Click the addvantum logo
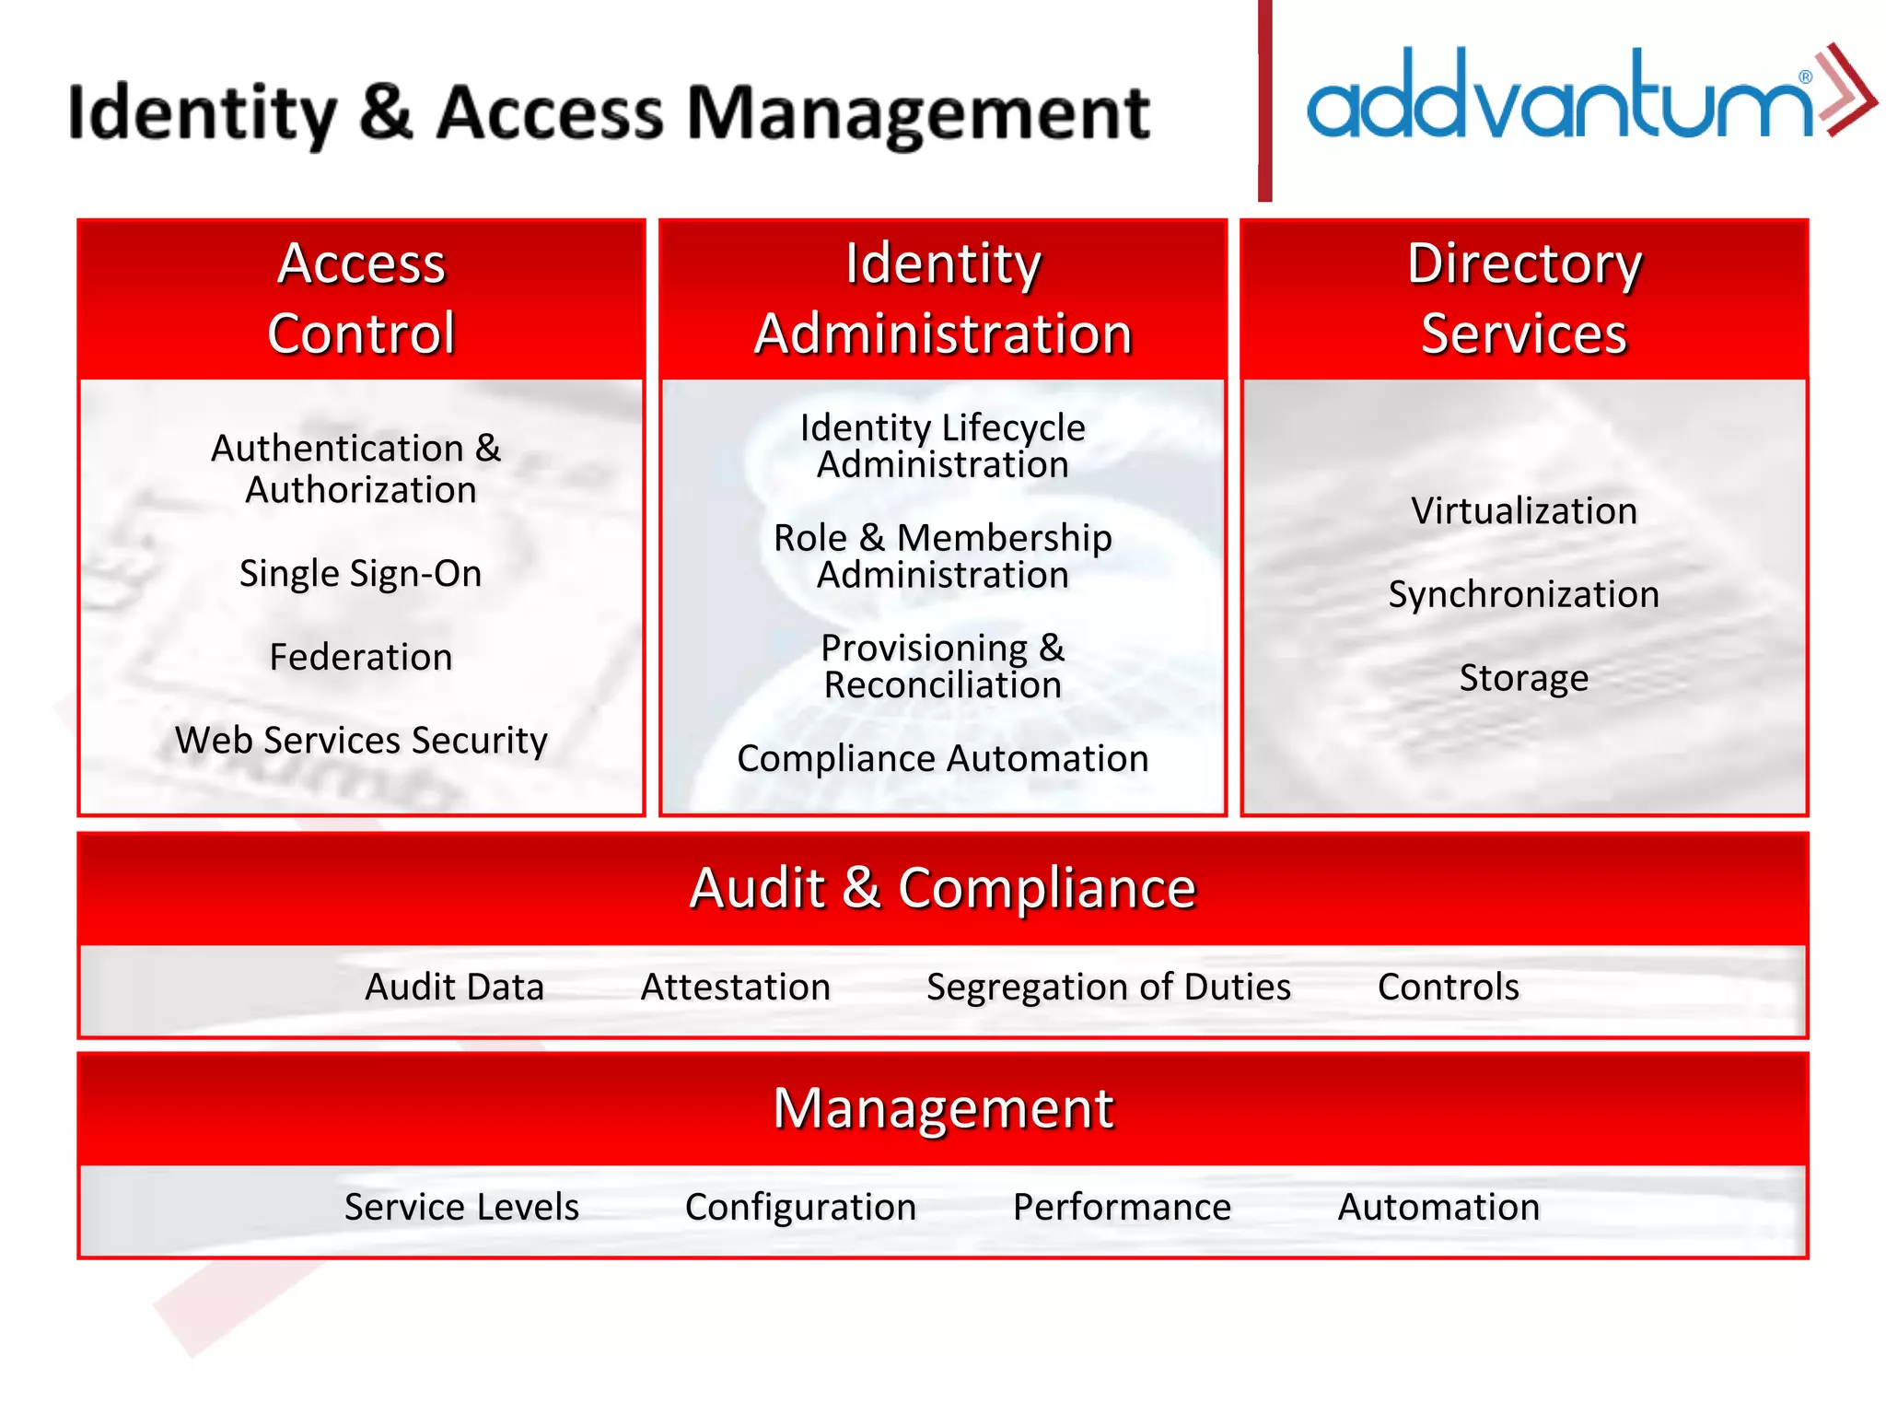pos(1589,94)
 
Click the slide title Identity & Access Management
pos(609,112)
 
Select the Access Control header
pos(361,298)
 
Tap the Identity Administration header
pos(943,298)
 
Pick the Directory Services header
pos(1524,298)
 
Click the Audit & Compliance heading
pos(943,888)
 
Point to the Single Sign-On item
pos(361,573)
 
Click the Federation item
pos(361,657)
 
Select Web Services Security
pos(361,740)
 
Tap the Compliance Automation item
pos(943,758)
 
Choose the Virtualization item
pos(1524,510)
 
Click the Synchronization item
pos(1524,594)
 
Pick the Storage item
pos(1524,678)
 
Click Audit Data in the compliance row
pos(455,987)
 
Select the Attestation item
pos(736,987)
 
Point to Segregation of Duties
pos(1109,987)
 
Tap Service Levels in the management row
pos(461,1207)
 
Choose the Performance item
pos(1122,1207)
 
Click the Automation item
pos(1438,1207)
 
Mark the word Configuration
pos(800,1207)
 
